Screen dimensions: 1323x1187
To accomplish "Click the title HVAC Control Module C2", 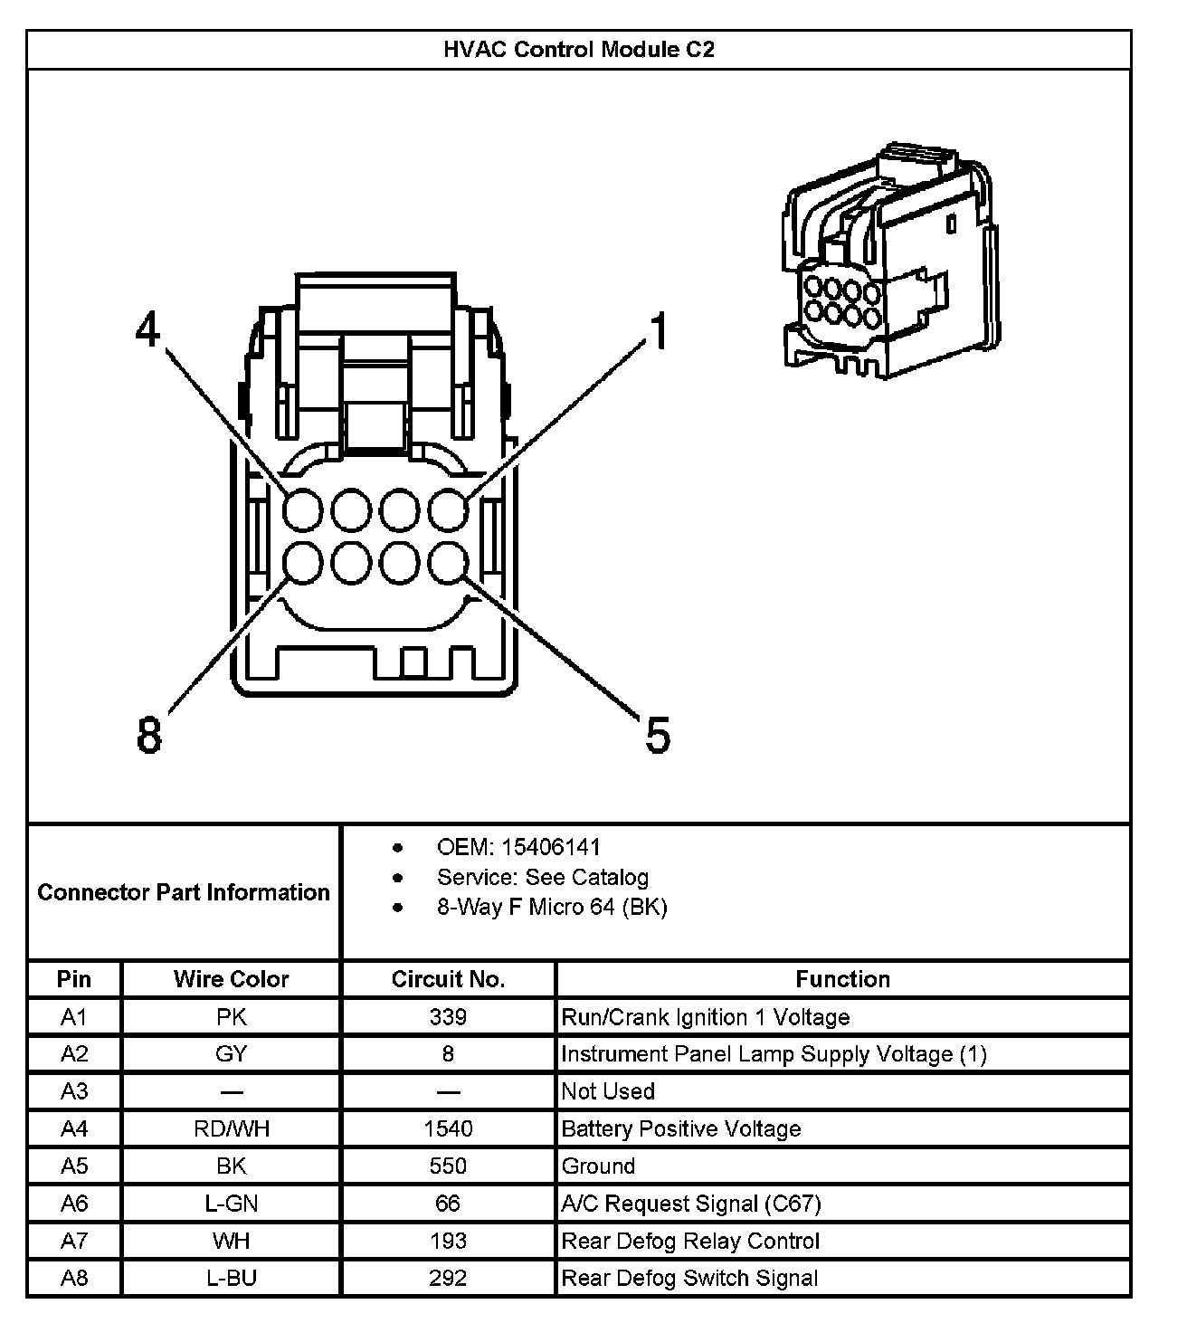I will pos(578,50).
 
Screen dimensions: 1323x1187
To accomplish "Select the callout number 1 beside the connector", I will pos(659,331).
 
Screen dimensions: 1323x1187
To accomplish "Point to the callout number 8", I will pos(149,734).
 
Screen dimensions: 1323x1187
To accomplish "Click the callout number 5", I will pos(658,734).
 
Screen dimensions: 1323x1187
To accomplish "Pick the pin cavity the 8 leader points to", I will pos(302,564).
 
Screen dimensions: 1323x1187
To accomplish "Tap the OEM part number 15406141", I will pos(550,848).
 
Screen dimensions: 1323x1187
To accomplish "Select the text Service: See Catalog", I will pos(542,877).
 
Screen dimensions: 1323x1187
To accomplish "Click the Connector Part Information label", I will pos(184,892).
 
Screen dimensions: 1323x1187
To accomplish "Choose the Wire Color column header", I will pos(231,979).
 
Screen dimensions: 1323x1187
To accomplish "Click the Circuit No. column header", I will pos(448,979).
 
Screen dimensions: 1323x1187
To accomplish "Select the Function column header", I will pos(842,979).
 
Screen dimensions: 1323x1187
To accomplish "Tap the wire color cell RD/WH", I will pos(231,1128).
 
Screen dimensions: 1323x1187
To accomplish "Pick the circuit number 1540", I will pos(448,1128).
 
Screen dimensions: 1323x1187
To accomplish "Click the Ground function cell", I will pos(599,1166).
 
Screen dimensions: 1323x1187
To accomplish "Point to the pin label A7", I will pos(74,1241).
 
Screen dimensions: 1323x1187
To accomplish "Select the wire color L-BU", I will pos(231,1278).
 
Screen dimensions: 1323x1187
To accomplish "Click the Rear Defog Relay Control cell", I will pos(690,1241).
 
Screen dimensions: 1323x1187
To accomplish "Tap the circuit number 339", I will pos(448,1017).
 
